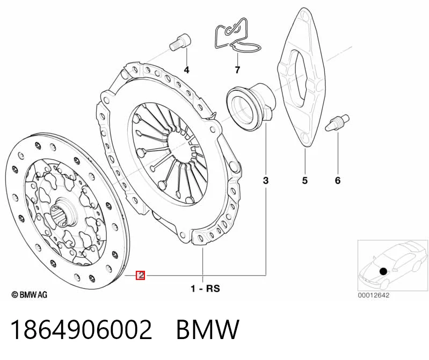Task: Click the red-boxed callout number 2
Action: coord(141,275)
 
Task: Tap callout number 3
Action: coord(266,181)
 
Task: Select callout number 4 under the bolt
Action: coord(186,70)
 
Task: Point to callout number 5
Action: coord(305,181)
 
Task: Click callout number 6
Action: coord(338,181)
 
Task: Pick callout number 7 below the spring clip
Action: coord(237,70)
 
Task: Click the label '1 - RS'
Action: coord(205,289)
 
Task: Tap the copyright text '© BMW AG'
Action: coord(30,294)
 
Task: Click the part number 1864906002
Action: coord(81,329)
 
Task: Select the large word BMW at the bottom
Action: coord(208,329)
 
